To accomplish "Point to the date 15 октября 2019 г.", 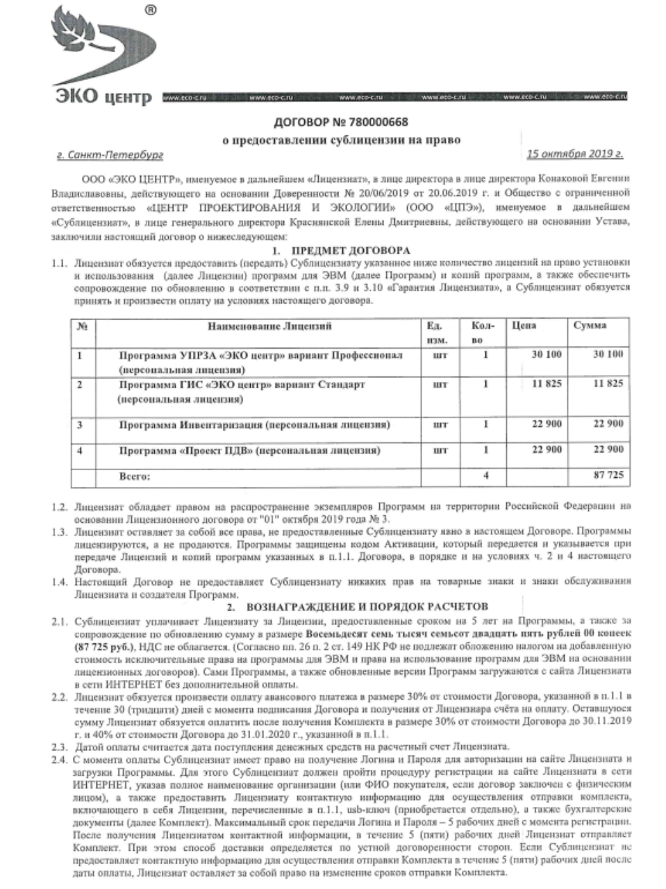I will (575, 153).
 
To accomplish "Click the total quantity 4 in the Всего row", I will (486, 476).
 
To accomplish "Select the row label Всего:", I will (135, 476).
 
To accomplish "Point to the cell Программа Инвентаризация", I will (254, 424).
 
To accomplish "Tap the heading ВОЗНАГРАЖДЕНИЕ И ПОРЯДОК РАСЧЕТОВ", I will (367, 606).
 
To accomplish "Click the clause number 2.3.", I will (58, 747).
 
